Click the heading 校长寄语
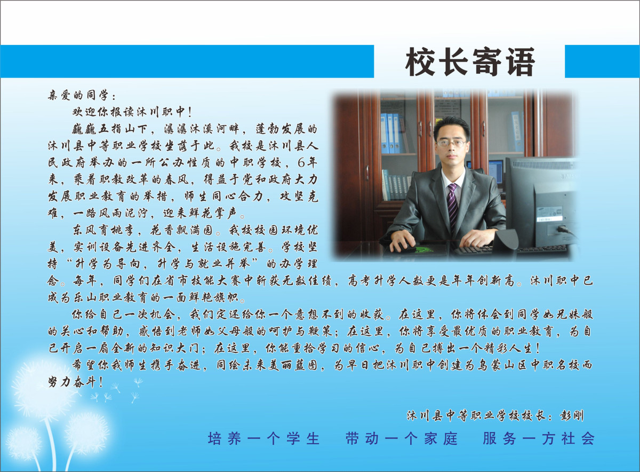[x=470, y=62]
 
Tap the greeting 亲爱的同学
[x=78, y=95]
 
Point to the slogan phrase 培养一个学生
[x=263, y=439]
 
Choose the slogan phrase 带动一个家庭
[x=402, y=439]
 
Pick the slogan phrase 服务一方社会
[x=539, y=439]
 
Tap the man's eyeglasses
[x=451, y=143]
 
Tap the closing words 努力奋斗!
[x=75, y=382]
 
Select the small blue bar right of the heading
[x=602, y=61]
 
